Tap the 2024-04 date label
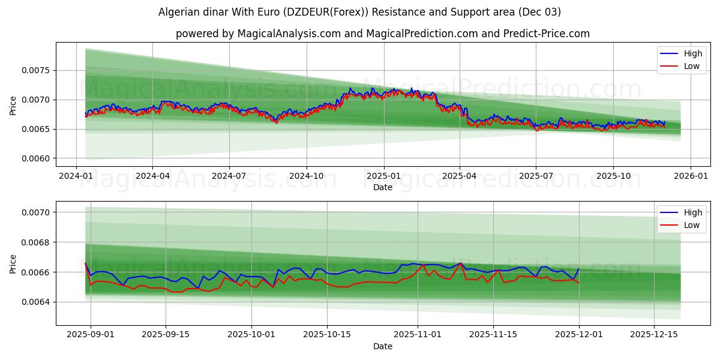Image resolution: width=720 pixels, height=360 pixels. click(152, 176)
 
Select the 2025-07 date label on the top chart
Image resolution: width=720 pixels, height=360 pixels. click(536, 176)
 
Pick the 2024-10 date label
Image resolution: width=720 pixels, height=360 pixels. click(306, 176)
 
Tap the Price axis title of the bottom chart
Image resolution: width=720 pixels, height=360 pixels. click(13, 263)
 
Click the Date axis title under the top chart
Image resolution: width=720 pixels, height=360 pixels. click(382, 187)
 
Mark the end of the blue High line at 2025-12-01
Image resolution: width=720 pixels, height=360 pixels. click(579, 269)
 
